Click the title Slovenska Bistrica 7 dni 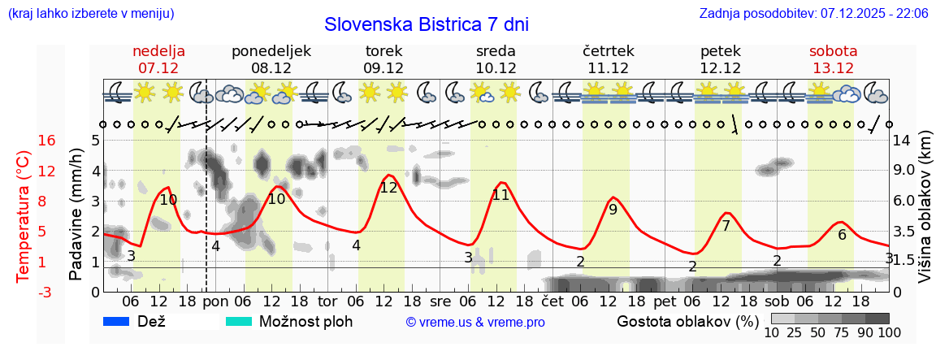(x=426, y=24)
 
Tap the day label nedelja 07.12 (x=159, y=59)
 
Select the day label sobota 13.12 (x=833, y=59)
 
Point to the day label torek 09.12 (x=383, y=59)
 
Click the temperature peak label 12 (x=388, y=188)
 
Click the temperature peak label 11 (x=500, y=195)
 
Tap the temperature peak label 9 (x=613, y=210)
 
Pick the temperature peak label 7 (x=726, y=226)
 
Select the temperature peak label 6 (x=842, y=236)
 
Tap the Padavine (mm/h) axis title (x=76, y=215)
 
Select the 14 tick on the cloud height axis (x=902, y=141)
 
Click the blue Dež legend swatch (x=117, y=322)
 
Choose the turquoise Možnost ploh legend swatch (x=239, y=322)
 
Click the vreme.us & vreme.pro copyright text (x=475, y=323)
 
